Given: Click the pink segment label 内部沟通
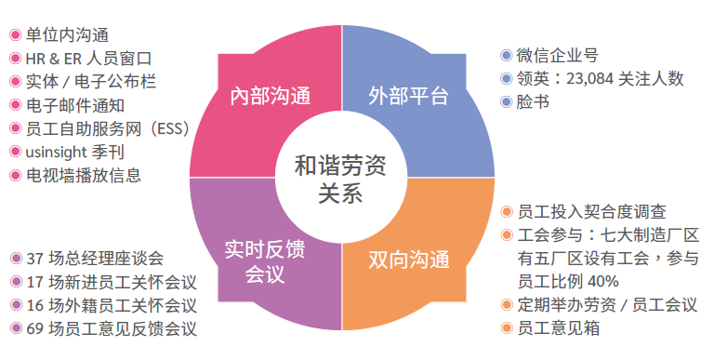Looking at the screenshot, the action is pyautogui.click(x=269, y=96).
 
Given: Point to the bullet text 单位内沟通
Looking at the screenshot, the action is pyautogui.click(x=67, y=35).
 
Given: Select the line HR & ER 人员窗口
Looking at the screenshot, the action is pyautogui.click(x=87, y=59).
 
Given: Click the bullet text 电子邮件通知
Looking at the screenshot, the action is pyautogui.click(x=76, y=105).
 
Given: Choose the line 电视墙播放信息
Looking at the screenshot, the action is pyautogui.click(x=84, y=174).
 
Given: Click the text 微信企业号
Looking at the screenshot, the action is pyautogui.click(x=558, y=56).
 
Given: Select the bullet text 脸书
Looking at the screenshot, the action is pyautogui.click(x=532, y=101).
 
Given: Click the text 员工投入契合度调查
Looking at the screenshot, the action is pyautogui.click(x=591, y=212).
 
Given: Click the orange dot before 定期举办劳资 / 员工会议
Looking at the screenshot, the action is pyautogui.click(x=506, y=304).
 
